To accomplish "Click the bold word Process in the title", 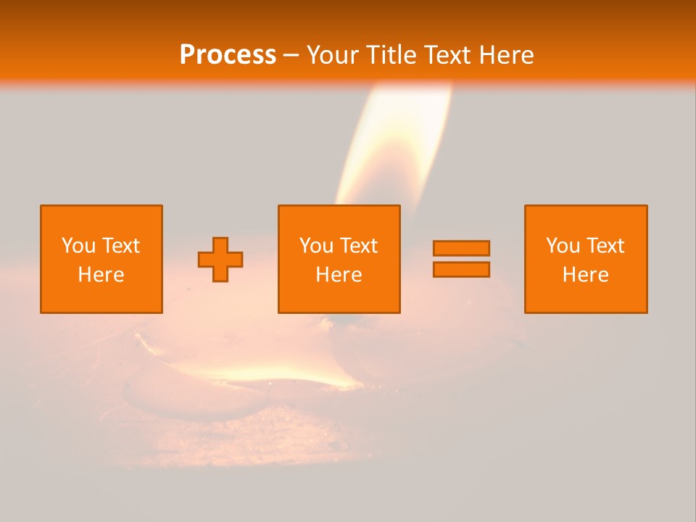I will click(x=228, y=55).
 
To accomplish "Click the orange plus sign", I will click(x=220, y=260).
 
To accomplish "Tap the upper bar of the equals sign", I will click(x=461, y=248).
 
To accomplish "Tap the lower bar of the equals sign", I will click(x=461, y=270).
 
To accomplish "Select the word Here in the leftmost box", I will click(x=101, y=275).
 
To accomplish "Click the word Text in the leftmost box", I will click(x=120, y=246).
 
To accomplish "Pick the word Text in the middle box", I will click(x=358, y=246).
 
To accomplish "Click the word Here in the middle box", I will click(x=339, y=275).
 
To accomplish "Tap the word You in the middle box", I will click(x=316, y=246).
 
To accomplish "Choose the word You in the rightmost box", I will click(x=563, y=246).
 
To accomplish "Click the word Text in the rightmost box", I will click(x=605, y=246).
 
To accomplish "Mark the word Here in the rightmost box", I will click(x=585, y=275).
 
